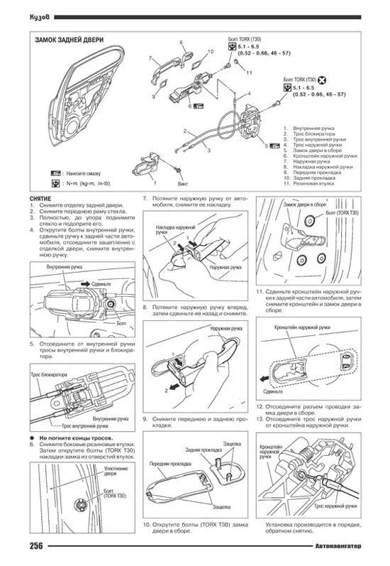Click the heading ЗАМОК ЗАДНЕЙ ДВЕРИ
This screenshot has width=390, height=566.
tap(67, 40)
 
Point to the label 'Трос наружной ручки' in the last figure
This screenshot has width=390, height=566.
tap(335, 508)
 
